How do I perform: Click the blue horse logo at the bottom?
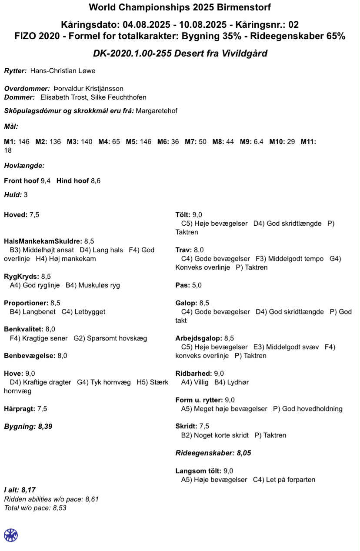point(11,535)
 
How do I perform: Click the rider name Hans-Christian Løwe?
point(63,71)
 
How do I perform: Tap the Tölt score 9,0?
point(197,214)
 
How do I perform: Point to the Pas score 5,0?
point(197,285)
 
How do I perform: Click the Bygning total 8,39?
point(45,426)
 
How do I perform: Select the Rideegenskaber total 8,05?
point(244,453)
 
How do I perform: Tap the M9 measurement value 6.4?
point(258,142)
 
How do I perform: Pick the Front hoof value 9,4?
point(45,181)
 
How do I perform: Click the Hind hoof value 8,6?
point(95,181)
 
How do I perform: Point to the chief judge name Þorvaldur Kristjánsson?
point(91,89)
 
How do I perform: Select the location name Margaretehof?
point(156,111)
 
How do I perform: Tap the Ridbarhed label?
point(193,373)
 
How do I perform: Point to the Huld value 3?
point(26,195)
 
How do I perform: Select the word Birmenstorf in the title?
point(244,7)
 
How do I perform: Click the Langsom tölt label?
point(198,471)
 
